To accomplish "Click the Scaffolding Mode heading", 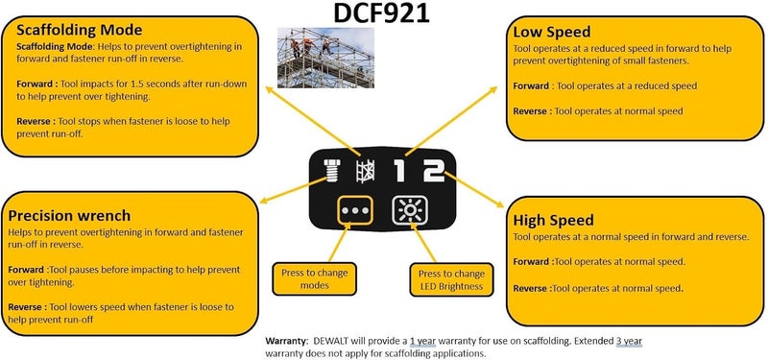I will tap(79, 29).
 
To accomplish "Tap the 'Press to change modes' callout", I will tap(315, 278).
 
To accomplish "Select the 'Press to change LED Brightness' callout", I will tap(449, 278).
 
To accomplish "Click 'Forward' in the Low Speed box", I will tap(531, 85).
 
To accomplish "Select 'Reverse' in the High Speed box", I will tap(531, 287).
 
